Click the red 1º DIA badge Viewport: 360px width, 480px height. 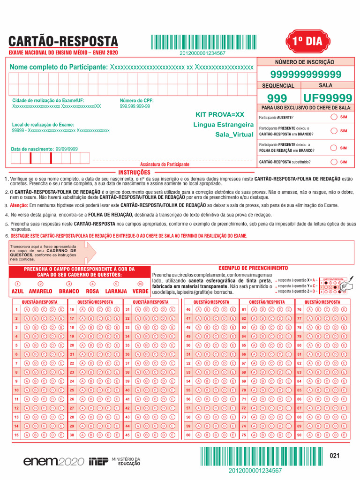[308, 41]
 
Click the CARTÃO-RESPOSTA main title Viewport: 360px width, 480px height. [63, 41]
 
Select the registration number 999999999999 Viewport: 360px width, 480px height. [306, 75]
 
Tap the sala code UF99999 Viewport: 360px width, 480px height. [328, 98]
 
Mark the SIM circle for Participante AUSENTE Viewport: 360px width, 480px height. [333, 117]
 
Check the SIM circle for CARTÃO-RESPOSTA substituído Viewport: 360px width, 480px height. [333, 162]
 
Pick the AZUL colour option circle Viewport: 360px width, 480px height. [17, 284]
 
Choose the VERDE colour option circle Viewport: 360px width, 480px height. [140, 284]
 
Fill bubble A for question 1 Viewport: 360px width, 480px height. [27, 309]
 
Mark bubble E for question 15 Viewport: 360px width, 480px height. [61, 435]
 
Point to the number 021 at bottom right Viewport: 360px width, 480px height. [334, 456]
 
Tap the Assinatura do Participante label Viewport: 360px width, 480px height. [165, 165]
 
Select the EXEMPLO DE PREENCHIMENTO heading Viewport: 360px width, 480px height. [247, 268]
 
